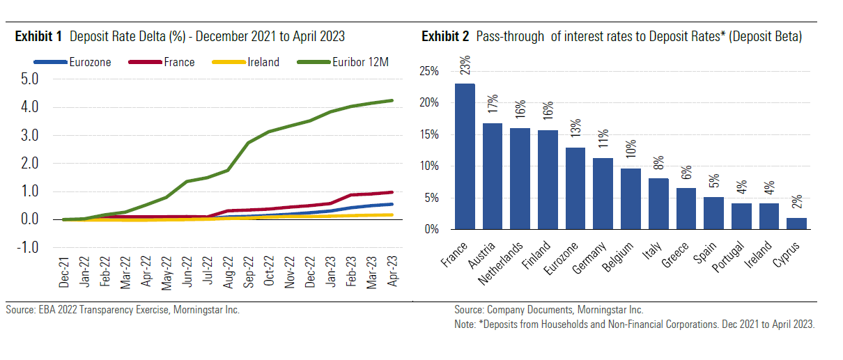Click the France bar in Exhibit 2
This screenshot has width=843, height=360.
(465, 157)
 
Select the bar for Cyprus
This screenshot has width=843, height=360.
(796, 224)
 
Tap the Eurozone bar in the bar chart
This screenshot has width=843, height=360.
(575, 189)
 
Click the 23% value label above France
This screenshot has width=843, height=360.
(465, 65)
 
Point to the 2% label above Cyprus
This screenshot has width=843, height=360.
(797, 201)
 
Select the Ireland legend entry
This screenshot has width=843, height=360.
(263, 62)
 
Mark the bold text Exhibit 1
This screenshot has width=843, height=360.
(39, 36)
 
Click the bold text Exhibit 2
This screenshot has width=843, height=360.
(447, 36)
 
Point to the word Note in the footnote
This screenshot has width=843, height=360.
(465, 324)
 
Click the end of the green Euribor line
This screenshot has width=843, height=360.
(392, 100)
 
